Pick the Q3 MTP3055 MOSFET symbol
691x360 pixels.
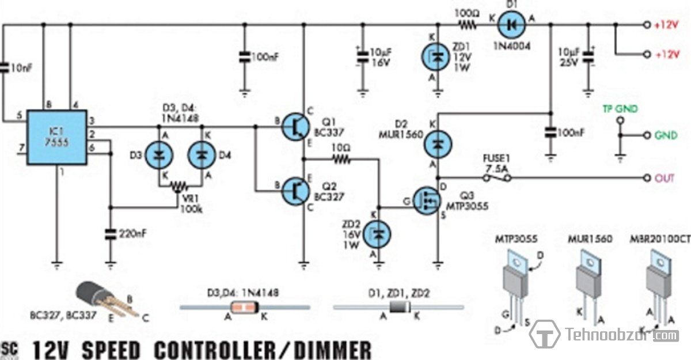coord(427,203)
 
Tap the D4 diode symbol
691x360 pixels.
coord(202,155)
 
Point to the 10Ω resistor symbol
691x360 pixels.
coord(340,159)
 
